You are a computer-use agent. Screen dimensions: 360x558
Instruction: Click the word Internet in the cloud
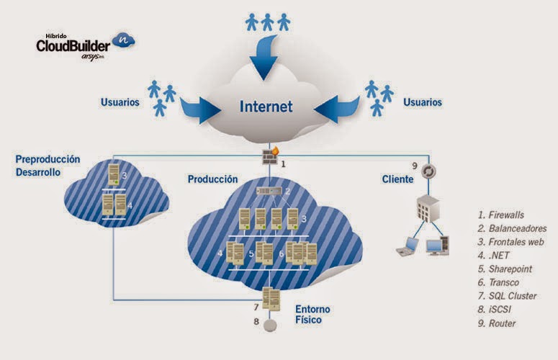[266, 107]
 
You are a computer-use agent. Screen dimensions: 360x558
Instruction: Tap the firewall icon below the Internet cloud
[270, 156]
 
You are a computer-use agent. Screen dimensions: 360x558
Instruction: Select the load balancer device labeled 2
[271, 192]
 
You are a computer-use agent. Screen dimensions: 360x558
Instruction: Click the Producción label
[212, 179]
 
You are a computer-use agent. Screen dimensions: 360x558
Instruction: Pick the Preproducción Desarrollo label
[48, 166]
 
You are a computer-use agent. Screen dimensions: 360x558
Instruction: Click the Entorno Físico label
[312, 314]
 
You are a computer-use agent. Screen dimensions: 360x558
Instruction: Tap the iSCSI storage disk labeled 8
[270, 325]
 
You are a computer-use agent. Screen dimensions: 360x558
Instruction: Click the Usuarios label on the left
[120, 102]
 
